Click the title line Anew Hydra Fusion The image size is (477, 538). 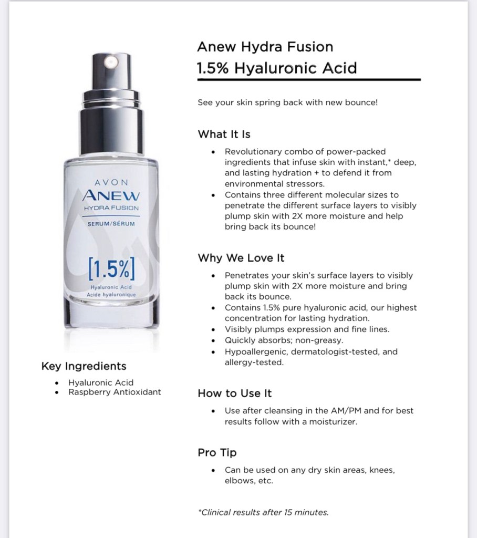coord(265,47)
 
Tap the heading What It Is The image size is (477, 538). coord(224,134)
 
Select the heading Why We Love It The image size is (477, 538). coord(241,258)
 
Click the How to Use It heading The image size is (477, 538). coord(235,393)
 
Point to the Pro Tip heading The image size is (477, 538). coord(217,452)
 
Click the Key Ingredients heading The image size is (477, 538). coord(84,366)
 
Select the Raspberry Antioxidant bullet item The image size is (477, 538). coord(115,392)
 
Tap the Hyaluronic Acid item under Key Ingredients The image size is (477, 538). coord(101,382)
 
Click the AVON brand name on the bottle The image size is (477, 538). coord(111,182)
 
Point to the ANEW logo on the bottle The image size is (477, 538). coord(111,195)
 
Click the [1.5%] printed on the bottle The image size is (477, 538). coord(111,268)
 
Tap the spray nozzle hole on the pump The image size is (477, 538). coord(111,63)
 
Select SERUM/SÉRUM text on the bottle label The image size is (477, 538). coord(111,224)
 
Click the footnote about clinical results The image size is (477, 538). coord(263,512)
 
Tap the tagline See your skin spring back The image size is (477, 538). coord(287,102)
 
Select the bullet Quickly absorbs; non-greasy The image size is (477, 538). coord(284,340)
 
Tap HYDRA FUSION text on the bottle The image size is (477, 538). coord(111,208)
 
